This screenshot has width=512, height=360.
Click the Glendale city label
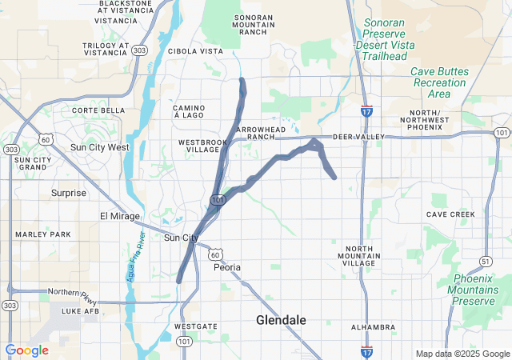[281, 319]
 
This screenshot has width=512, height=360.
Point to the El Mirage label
[119, 216]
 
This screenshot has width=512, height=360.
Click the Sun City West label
[99, 147]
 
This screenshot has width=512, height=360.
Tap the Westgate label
[194, 326]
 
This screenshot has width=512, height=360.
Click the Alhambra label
[373, 327]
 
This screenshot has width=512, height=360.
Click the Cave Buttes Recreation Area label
[439, 82]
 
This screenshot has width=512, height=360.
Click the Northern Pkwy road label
[69, 291]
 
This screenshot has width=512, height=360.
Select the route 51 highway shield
[486, 261]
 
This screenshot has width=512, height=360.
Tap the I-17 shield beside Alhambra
[366, 350]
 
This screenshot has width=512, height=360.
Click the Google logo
[26, 350]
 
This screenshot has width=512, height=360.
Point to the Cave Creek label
[450, 214]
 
